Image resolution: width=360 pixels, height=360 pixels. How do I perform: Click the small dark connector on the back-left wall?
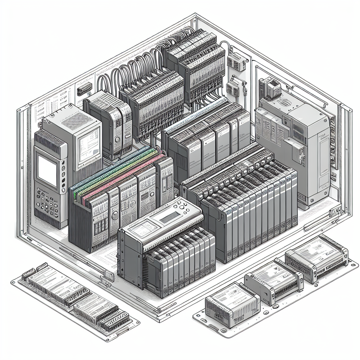(84, 90)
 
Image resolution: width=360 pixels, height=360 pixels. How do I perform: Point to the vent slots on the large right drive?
(299, 130)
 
